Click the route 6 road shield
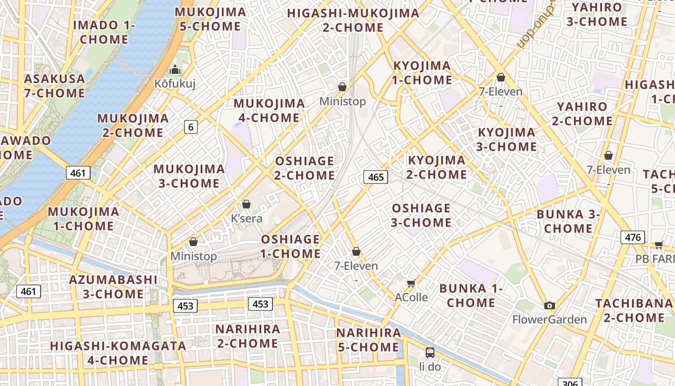pyautogui.click(x=191, y=127)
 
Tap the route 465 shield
pyautogui.click(x=376, y=177)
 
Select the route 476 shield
pyautogui.click(x=633, y=237)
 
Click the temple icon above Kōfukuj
pyautogui.click(x=175, y=69)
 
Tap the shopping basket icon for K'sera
pyautogui.click(x=246, y=204)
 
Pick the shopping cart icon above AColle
pyautogui.click(x=411, y=283)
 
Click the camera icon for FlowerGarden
pyautogui.click(x=549, y=305)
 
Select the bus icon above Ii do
pyautogui.click(x=430, y=353)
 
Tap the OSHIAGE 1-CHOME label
pyautogui.click(x=291, y=247)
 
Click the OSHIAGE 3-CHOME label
pyautogui.click(x=421, y=215)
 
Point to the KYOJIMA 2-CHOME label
pyautogui.click(x=437, y=167)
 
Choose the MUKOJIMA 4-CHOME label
pyautogui.click(x=269, y=110)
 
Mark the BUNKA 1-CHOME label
pyautogui.click(x=471, y=296)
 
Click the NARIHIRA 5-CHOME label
pyautogui.click(x=368, y=340)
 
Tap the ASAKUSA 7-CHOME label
pyautogui.click(x=54, y=86)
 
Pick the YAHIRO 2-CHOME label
pyautogui.click(x=582, y=113)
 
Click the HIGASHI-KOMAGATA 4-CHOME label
pyautogui.click(x=118, y=353)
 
